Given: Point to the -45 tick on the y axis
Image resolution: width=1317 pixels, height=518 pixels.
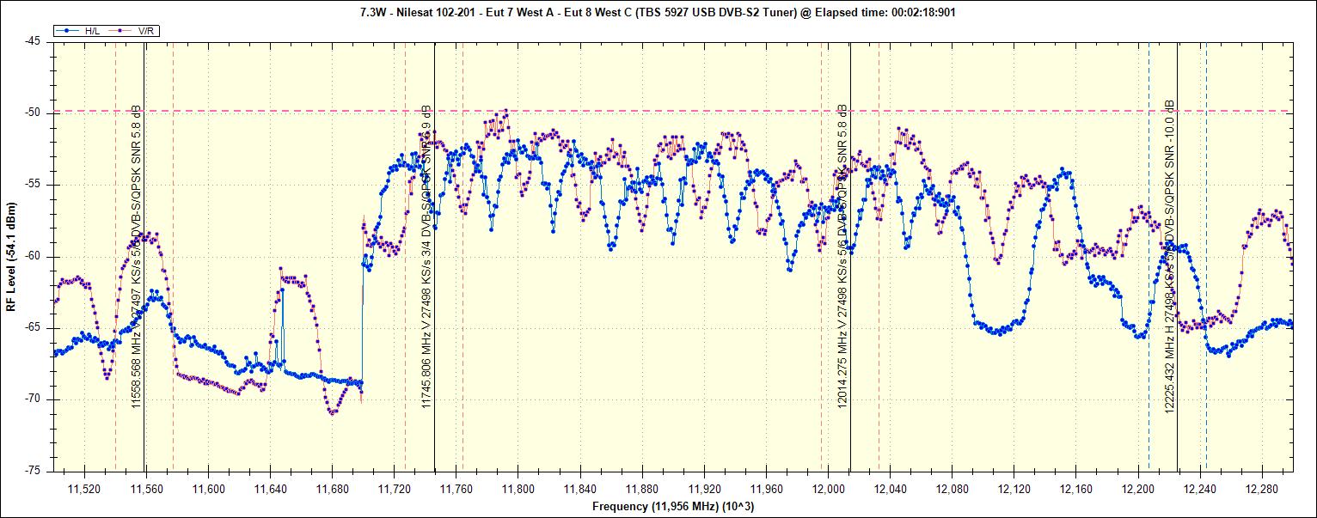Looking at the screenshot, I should (x=33, y=41).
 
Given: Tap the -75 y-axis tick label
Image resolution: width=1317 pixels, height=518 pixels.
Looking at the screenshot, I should (x=33, y=471).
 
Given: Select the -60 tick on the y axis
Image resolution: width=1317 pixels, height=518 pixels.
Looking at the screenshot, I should (x=33, y=256).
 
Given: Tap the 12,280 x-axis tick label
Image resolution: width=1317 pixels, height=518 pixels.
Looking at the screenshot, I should (x=1262, y=488).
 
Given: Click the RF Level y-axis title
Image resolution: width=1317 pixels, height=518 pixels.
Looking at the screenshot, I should (x=11, y=256).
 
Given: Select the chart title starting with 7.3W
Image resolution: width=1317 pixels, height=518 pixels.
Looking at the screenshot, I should (x=658, y=12).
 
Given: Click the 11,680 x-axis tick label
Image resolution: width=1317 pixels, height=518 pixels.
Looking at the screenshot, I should (x=332, y=488).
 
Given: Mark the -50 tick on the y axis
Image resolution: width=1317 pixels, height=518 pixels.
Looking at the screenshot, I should (x=33, y=113).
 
